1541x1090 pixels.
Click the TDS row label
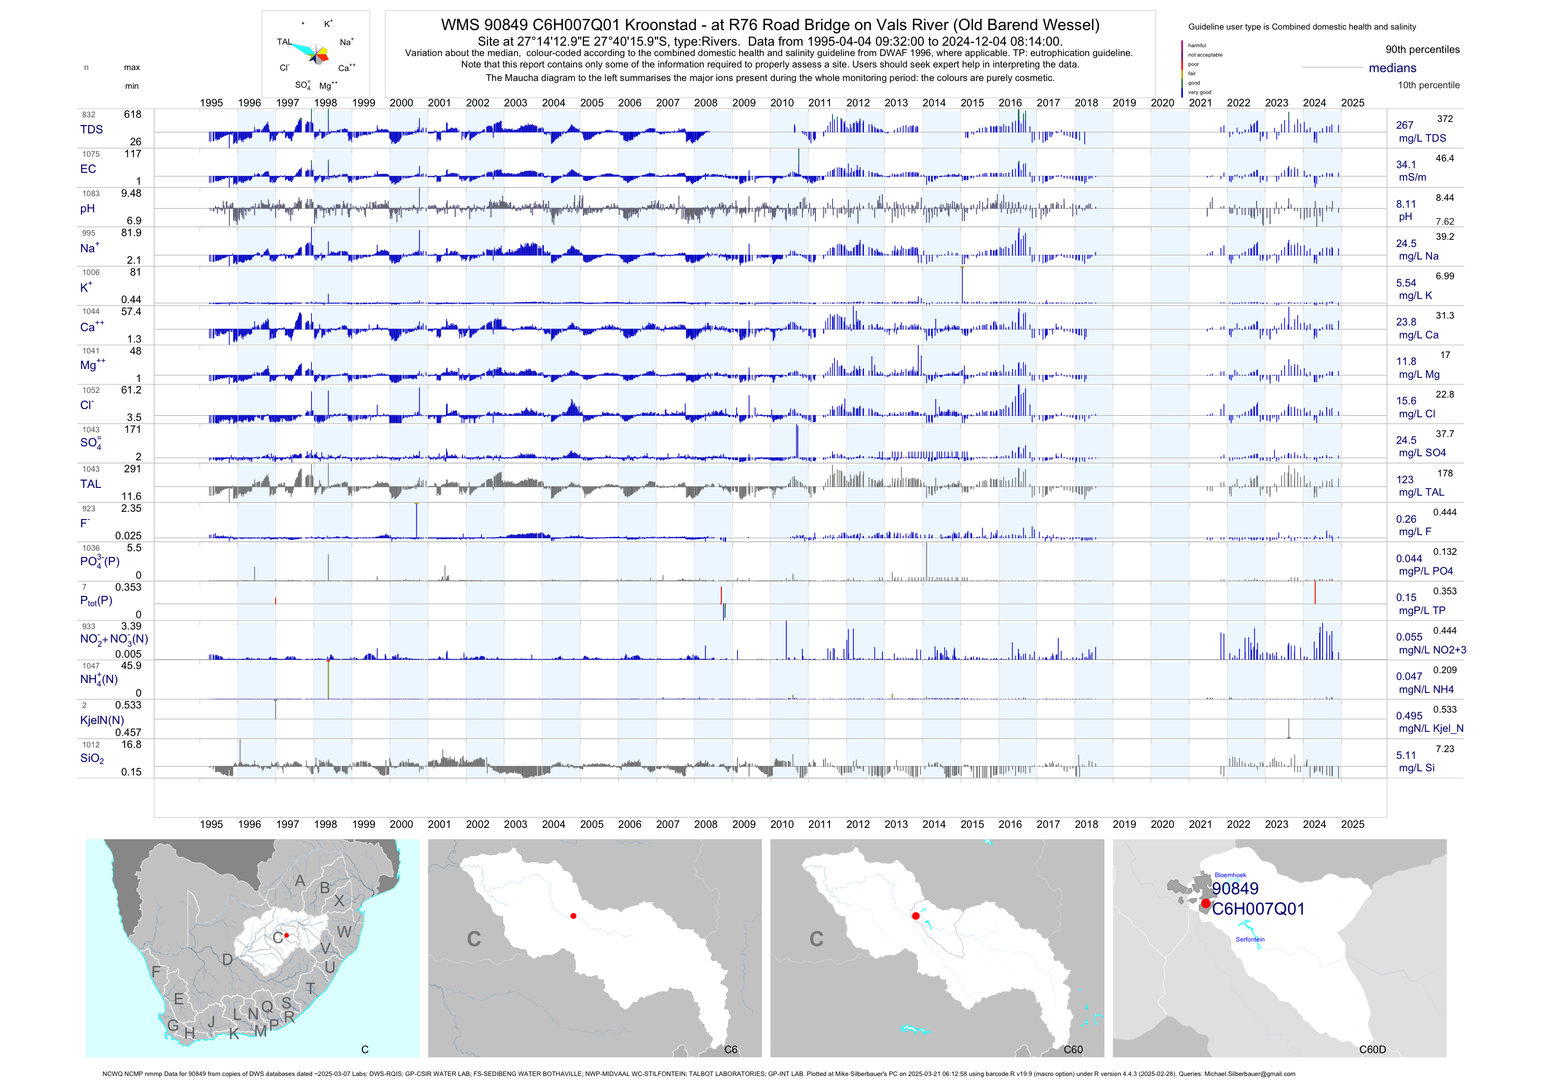tap(91, 130)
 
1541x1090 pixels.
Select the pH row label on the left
tap(87, 209)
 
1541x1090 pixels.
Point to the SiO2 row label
tap(92, 758)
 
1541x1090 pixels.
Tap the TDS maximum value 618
tap(132, 115)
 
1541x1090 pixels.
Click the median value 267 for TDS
tap(1404, 126)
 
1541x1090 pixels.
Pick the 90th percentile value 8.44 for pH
tap(1444, 198)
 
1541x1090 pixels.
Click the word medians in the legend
tap(1392, 68)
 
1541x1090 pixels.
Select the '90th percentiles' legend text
tap(1422, 50)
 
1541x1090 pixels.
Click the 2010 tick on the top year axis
tap(782, 103)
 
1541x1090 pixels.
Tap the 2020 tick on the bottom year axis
tap(1163, 824)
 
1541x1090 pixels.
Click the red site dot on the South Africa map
tap(287, 935)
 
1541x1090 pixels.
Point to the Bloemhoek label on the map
tap(1230, 875)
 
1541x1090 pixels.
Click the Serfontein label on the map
tap(1250, 939)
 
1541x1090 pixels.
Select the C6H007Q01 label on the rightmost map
tap(1259, 909)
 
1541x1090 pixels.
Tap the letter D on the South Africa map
tap(227, 960)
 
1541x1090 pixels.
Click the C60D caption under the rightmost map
tap(1372, 1050)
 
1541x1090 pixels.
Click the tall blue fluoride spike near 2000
tap(416, 520)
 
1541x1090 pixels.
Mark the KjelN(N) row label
tap(102, 720)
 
